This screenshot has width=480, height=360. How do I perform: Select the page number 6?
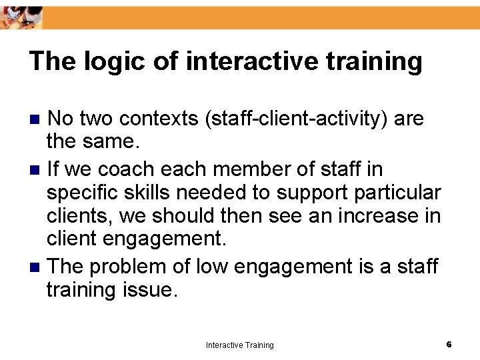point(449,344)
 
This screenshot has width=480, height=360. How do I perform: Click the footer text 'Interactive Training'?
point(239,345)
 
